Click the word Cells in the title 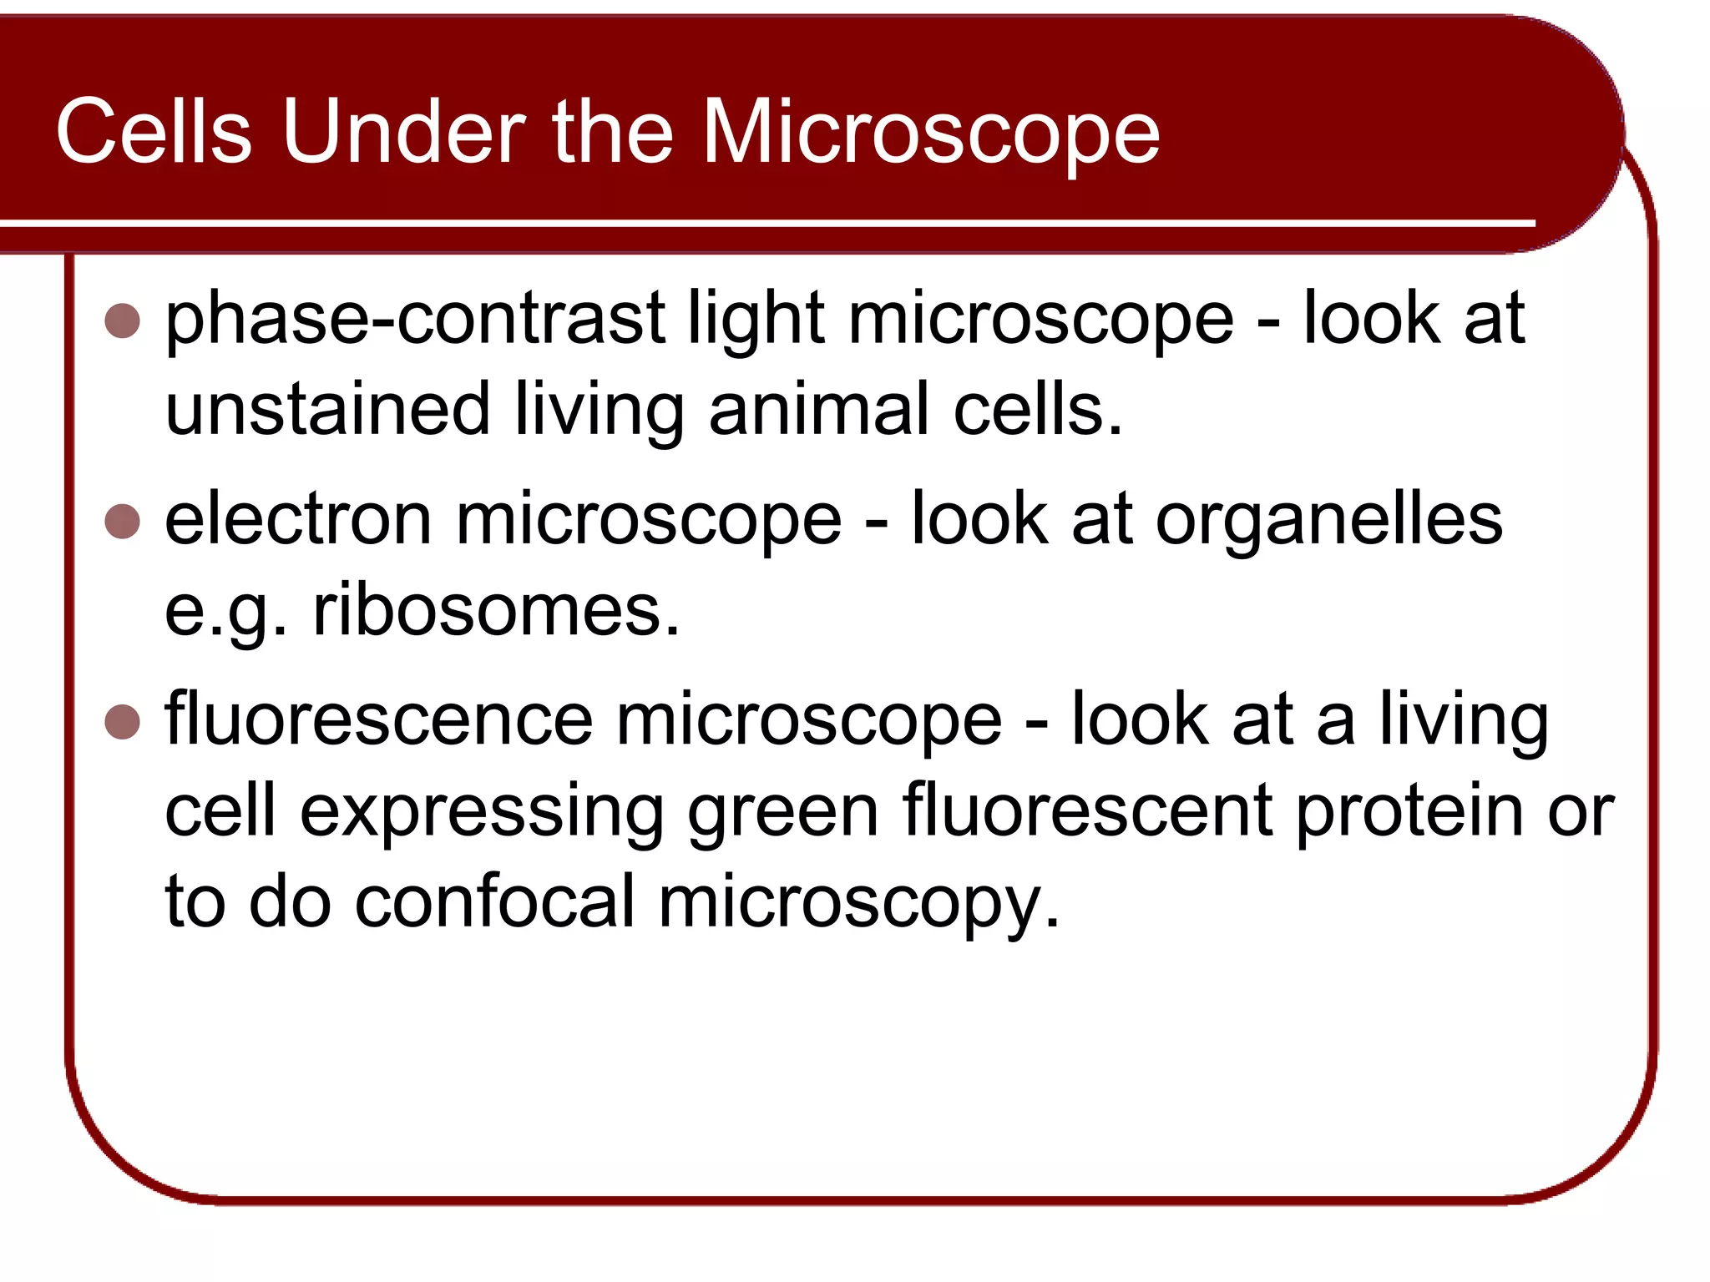pyautogui.click(x=154, y=131)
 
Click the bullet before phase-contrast pyautogui.click(x=123, y=320)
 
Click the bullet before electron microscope pyautogui.click(x=123, y=522)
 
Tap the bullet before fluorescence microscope pyautogui.click(x=123, y=722)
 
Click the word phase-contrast pyautogui.click(x=415, y=320)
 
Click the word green pyautogui.click(x=782, y=813)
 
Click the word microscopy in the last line pyautogui.click(x=858, y=905)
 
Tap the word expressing pyautogui.click(x=482, y=813)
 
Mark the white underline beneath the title pyautogui.click(x=751, y=224)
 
